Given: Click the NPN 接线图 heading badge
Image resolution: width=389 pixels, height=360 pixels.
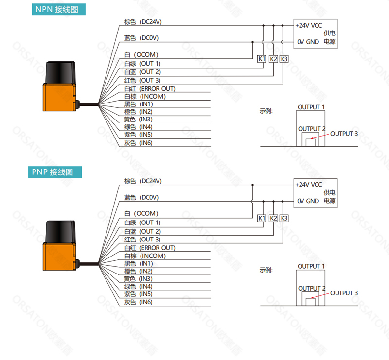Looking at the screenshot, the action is [58, 9].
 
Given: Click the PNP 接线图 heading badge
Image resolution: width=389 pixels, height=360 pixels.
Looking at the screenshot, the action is [55, 172].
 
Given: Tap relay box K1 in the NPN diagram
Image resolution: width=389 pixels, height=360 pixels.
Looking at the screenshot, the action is [262, 59].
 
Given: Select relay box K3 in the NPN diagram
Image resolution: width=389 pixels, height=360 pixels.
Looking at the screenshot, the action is [284, 59].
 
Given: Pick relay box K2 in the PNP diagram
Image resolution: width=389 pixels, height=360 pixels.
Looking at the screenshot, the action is [273, 218].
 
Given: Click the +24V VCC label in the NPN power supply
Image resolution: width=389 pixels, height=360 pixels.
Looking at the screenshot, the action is [309, 26].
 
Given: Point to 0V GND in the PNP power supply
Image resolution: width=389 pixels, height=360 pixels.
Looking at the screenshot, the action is [308, 201].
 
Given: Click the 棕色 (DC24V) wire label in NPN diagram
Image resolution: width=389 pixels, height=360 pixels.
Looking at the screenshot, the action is [143, 22].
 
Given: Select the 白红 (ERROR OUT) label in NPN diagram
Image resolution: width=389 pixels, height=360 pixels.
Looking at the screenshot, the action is [150, 89].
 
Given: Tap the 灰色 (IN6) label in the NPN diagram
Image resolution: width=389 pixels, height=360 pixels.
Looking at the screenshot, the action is [138, 143].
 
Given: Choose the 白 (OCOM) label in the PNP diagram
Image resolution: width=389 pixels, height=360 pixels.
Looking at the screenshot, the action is [141, 213].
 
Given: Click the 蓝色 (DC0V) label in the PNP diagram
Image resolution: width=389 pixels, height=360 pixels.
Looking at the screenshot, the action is [141, 197].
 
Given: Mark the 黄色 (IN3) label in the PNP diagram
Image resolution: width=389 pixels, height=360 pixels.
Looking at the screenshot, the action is [138, 279].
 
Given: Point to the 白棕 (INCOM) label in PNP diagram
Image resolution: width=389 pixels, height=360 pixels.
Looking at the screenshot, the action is [145, 256].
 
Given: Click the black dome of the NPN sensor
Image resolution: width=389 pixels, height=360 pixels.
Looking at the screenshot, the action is [60, 73].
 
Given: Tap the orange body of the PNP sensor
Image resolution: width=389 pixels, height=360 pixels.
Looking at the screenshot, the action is [59, 257].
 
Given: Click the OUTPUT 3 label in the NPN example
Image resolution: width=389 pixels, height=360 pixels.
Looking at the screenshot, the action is [344, 134].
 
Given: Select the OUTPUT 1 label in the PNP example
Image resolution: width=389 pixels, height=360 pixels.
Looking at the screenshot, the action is [311, 266].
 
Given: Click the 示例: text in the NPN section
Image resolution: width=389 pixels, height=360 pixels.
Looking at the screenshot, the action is [266, 111].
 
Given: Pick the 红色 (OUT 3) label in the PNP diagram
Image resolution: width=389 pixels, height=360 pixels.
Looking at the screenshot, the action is [142, 240].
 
